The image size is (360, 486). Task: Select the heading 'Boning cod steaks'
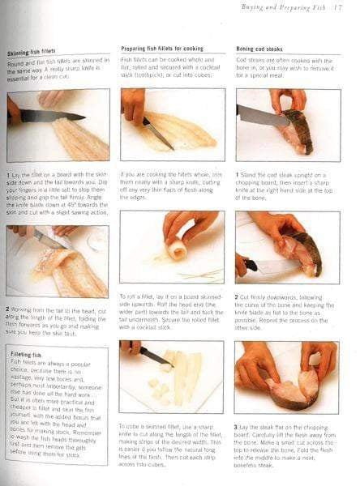tap(264, 49)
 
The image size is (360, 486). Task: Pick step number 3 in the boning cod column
tap(238, 425)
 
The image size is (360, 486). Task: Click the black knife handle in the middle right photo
tap(251, 265)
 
